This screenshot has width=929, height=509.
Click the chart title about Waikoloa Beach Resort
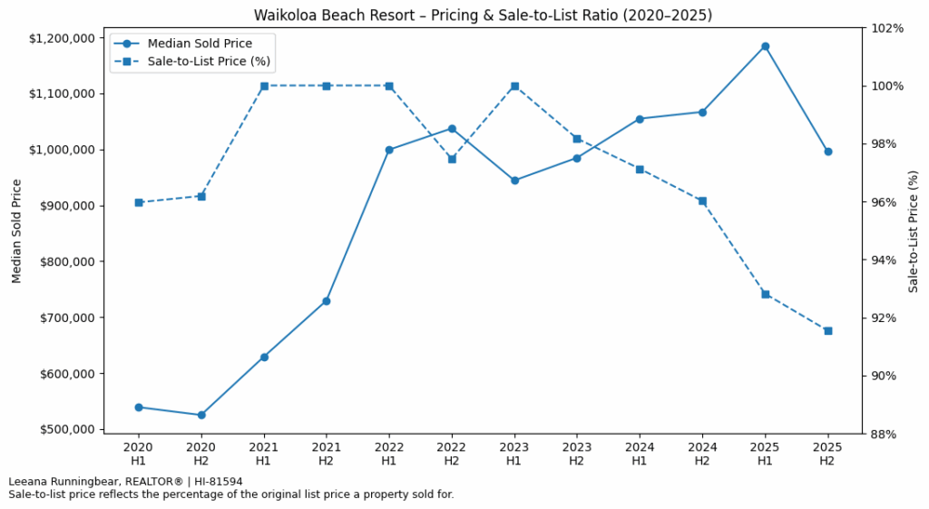(483, 15)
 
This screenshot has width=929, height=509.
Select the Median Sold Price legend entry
(200, 43)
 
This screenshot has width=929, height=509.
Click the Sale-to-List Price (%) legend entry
(209, 62)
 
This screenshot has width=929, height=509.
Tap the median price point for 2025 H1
(765, 46)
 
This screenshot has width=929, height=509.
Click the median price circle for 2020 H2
(201, 415)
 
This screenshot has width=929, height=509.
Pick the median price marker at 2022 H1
(389, 150)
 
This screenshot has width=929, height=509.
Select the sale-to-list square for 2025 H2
(827, 330)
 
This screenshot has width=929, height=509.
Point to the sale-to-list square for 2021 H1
(264, 86)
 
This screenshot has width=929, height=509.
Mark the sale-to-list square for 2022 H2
(452, 159)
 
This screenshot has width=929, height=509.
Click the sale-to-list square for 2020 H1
(139, 202)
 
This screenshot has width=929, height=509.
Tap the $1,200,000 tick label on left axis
(63, 38)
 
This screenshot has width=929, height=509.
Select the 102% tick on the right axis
(887, 28)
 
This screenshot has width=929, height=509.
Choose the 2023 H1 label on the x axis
(514, 454)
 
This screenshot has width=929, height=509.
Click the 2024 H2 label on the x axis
(702, 454)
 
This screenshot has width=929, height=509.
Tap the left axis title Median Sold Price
(17, 230)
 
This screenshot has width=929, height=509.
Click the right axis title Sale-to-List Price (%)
(914, 230)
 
